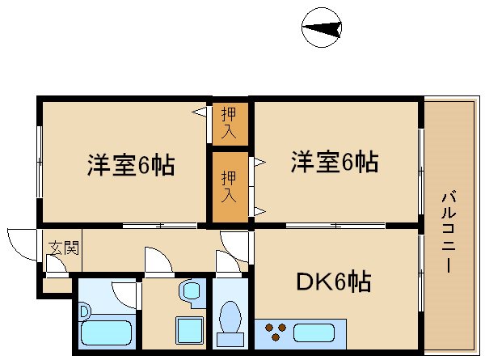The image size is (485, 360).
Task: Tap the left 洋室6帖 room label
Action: coord(130,166)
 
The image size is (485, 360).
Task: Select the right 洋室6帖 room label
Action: coord(334,163)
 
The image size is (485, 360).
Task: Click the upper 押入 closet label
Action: coord(230,121)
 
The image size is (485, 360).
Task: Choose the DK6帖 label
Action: coord(334,282)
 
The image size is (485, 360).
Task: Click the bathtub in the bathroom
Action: coord(107,332)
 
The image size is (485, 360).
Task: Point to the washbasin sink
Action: coord(192,290)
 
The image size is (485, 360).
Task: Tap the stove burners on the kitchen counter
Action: coord(276,332)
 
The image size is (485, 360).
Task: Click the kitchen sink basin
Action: coord(318,332)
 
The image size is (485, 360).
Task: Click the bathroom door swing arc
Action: coord(124,291)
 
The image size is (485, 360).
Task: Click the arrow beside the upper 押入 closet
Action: coord(198,112)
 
